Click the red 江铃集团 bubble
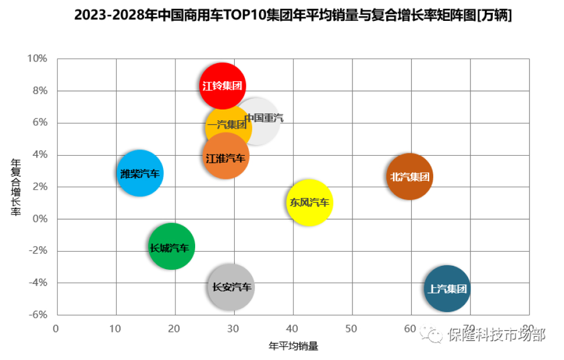tap(223, 86)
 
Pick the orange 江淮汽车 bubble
tap(226, 157)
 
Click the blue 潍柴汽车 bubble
tap(140, 173)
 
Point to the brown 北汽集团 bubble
tap(410, 177)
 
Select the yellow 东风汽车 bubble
tap(310, 202)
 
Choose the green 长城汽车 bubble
tap(172, 247)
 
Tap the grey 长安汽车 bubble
tap(231, 287)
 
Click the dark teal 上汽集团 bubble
tap(447, 289)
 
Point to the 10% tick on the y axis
tap(37, 59)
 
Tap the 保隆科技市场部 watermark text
tap(496, 335)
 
